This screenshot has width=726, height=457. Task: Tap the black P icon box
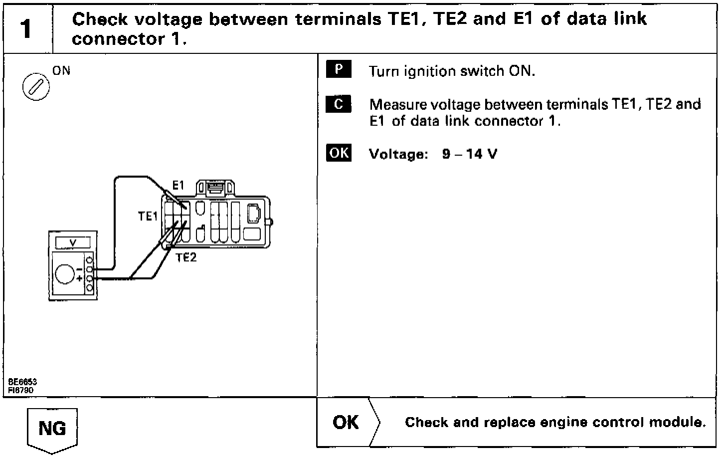point(339,69)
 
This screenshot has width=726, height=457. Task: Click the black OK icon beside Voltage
point(339,153)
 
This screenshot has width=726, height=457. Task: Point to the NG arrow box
point(52,429)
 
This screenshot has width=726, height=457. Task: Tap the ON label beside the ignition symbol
point(61,70)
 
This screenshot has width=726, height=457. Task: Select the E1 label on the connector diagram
point(178,186)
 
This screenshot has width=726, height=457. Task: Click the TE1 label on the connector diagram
point(148,216)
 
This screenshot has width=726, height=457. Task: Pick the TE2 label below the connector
point(186,257)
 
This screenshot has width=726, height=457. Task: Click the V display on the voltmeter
point(73,243)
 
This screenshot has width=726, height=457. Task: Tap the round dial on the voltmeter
point(65,273)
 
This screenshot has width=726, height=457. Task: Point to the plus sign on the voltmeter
point(79,278)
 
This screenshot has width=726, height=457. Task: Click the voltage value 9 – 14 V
point(469,154)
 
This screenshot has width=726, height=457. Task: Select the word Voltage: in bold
point(398,154)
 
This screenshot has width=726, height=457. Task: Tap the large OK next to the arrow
point(346,422)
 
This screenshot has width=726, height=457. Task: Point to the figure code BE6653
point(22,382)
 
